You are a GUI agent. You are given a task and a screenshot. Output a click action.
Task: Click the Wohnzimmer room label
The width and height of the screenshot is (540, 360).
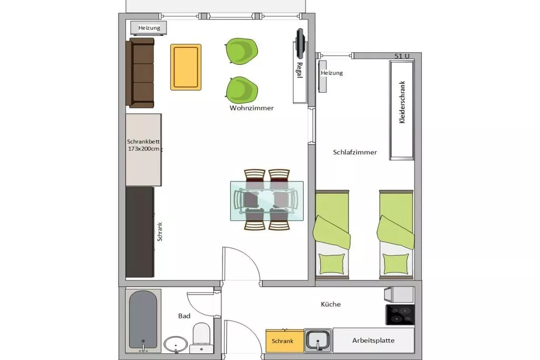(x=252, y=108)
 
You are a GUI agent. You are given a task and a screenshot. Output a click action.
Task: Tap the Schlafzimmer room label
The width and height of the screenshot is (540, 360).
(x=355, y=152)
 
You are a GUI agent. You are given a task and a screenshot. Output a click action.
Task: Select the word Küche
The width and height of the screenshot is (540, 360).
(x=331, y=304)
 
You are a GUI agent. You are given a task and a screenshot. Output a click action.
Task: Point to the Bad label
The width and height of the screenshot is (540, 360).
(x=184, y=316)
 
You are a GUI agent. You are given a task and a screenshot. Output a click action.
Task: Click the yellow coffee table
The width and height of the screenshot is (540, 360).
(x=186, y=67)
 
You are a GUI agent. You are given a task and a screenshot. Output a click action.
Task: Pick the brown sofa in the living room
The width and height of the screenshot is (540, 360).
(x=140, y=73)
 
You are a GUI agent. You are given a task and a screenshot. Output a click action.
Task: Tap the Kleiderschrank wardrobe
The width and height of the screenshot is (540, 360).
(x=401, y=110)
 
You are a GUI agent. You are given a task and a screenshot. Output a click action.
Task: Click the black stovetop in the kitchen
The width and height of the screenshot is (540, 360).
(x=400, y=315)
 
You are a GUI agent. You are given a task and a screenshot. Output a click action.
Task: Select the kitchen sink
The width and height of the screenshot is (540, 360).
(x=318, y=340)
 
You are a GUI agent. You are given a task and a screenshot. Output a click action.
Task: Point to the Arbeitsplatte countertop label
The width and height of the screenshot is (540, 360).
(x=373, y=340)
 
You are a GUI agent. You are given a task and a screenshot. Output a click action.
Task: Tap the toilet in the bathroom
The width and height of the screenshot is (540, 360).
(x=201, y=338)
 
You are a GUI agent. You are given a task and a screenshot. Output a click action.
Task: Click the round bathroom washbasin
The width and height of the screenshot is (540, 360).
(x=176, y=345)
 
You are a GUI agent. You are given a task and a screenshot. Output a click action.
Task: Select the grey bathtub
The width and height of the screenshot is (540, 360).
(x=143, y=320)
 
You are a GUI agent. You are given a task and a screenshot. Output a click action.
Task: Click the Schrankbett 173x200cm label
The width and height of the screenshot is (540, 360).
(x=143, y=145)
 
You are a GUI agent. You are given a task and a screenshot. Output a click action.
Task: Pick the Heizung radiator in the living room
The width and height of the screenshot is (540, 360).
(x=149, y=28)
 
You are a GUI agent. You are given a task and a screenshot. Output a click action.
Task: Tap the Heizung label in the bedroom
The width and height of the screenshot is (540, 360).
(x=332, y=73)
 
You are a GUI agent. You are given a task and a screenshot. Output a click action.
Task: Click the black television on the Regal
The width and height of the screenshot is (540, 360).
(x=300, y=43)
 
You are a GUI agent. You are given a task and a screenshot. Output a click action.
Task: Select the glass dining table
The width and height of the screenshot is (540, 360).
(x=267, y=201)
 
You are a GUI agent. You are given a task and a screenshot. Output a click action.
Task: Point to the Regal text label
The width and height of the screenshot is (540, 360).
(x=300, y=70)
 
